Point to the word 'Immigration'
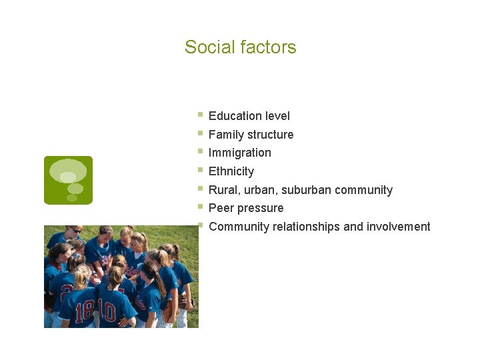click(x=240, y=153)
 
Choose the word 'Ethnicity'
click(x=231, y=171)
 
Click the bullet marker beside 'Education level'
click(x=201, y=115)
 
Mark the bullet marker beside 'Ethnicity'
click(x=201, y=170)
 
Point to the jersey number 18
click(x=85, y=311)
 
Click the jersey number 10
click(x=107, y=311)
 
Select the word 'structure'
click(x=270, y=135)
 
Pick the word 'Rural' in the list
click(x=223, y=190)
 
